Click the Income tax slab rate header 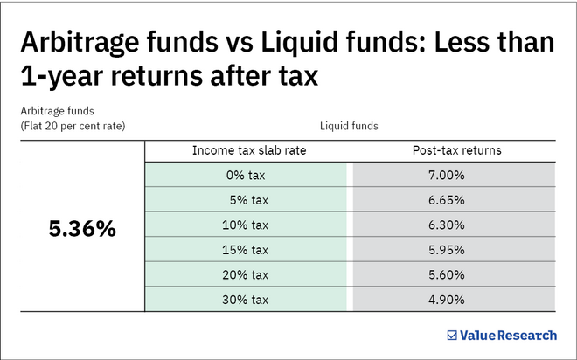(x=249, y=150)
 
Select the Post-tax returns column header (x=450, y=150)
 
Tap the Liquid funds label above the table (x=349, y=126)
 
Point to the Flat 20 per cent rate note (x=72, y=126)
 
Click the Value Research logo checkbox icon (x=452, y=335)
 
